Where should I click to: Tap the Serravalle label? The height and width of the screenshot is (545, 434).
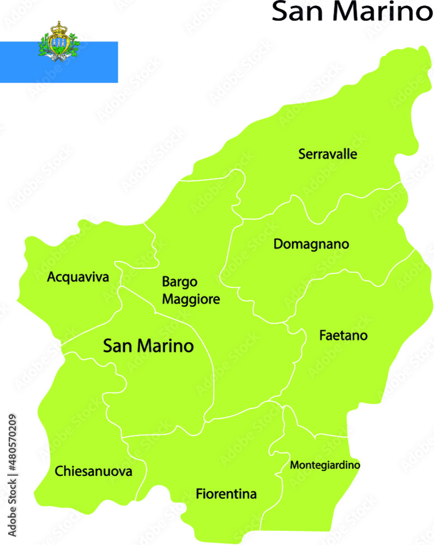pos(328,154)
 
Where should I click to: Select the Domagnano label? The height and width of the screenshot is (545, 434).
pos(311,244)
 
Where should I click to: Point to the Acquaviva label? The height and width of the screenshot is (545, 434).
pos(78,277)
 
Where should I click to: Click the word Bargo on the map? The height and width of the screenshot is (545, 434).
pos(179,282)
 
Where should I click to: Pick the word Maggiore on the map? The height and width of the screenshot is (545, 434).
pos(191,299)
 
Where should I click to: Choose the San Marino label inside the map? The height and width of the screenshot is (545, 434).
pos(148,346)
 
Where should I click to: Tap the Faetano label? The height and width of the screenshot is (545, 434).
pos(343,336)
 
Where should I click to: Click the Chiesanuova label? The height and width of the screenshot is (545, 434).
pos(93,471)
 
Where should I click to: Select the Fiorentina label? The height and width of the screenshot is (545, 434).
pos(226,494)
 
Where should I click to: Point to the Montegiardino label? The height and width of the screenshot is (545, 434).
pos(325,465)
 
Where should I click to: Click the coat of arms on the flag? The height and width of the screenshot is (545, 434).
pos(58,42)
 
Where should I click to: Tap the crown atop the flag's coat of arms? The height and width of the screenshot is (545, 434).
pos(58,26)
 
